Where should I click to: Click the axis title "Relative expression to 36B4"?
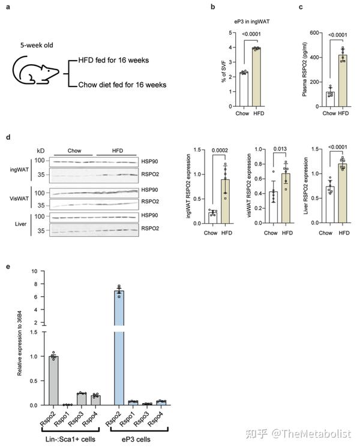point(20,339)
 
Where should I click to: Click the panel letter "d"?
point(7,137)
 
